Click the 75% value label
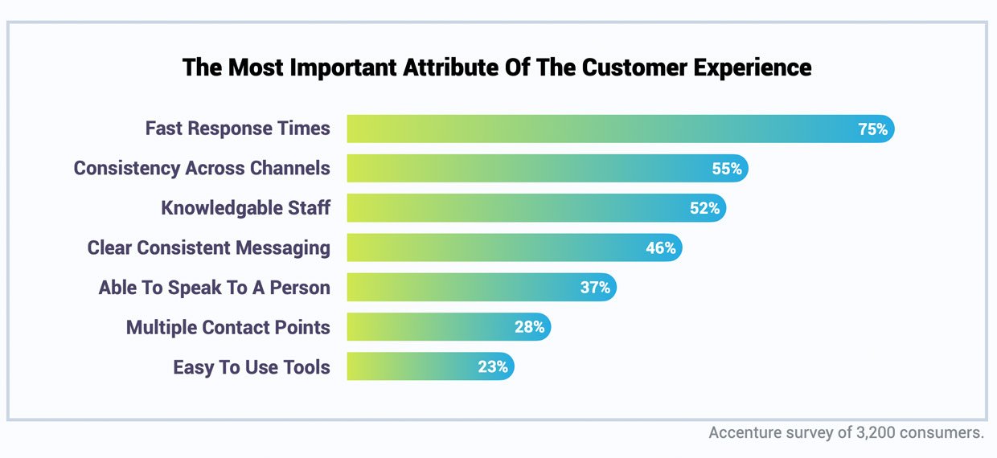tap(872, 129)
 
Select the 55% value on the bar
tap(726, 169)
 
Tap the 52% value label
tap(704, 208)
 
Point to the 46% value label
tap(660, 248)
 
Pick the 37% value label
tap(595, 288)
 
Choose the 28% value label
tap(529, 327)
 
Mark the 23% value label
tap(492, 367)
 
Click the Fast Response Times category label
tap(237, 129)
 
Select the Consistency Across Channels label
tap(202, 169)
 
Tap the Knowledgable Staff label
tap(245, 208)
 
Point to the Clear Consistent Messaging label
tap(208, 248)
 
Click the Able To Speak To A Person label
tap(214, 288)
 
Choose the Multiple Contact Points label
tap(228, 327)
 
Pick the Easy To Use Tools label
tap(251, 367)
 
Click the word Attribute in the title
tap(445, 67)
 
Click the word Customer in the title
tap(630, 67)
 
